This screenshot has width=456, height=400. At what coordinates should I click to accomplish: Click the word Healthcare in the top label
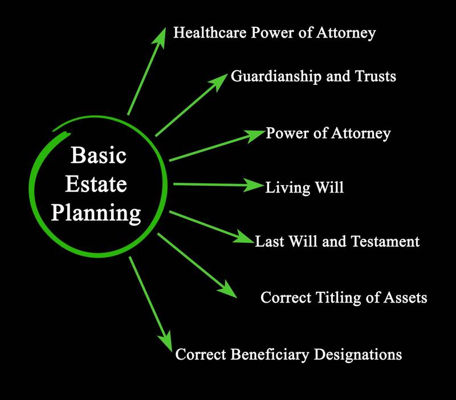click(210, 32)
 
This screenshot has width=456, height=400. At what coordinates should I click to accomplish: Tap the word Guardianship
click(276, 77)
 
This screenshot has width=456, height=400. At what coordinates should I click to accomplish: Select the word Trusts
click(376, 76)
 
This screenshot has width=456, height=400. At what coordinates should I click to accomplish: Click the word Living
click(288, 188)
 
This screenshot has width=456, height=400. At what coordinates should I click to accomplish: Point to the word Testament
click(385, 241)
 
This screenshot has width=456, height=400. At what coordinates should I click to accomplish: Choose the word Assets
click(405, 297)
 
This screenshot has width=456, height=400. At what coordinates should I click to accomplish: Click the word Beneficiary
click(270, 355)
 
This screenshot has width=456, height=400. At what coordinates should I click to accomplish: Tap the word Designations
click(358, 355)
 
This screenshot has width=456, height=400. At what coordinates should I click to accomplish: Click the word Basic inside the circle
click(99, 155)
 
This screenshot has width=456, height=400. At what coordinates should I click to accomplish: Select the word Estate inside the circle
click(96, 183)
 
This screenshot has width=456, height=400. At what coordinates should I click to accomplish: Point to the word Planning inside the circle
click(96, 214)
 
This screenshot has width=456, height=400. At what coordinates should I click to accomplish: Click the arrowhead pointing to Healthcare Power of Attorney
click(160, 37)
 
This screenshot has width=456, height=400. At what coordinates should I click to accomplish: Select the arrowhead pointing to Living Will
click(253, 185)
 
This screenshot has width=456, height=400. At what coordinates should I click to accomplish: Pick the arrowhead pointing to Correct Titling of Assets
click(228, 289)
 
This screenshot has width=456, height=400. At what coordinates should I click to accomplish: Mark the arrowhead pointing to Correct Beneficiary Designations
click(166, 341)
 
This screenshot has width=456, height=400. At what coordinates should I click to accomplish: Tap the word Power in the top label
click(272, 32)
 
